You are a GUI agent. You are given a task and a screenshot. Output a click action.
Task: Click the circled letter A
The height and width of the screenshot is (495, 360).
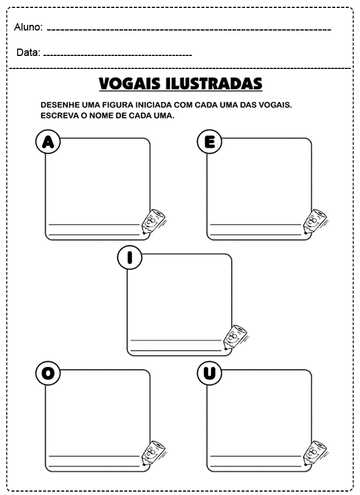click(48, 142)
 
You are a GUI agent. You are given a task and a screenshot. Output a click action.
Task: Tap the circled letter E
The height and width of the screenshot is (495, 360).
click(209, 142)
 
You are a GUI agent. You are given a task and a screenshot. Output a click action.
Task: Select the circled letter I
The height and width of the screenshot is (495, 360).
click(129, 258)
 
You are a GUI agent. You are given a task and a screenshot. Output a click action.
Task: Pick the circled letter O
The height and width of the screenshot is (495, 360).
click(48, 374)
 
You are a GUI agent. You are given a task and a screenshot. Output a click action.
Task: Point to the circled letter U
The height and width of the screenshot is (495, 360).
click(209, 374)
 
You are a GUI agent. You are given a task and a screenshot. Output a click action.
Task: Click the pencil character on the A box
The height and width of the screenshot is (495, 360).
click(153, 221)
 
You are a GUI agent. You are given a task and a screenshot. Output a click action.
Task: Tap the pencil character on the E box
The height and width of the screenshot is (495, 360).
click(315, 221)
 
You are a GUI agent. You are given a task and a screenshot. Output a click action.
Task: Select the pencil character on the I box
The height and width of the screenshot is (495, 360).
click(235, 337)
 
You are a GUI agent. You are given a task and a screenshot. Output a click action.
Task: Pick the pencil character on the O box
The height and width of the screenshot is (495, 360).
click(153, 453)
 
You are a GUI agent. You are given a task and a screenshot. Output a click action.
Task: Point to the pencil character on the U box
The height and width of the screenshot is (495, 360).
click(315, 453)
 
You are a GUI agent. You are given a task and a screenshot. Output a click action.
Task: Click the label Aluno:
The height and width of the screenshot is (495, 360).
click(28, 27)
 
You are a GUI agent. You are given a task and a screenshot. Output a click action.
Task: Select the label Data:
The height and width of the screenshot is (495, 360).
click(28, 53)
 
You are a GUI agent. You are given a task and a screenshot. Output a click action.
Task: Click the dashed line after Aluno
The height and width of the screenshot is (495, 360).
click(189, 30)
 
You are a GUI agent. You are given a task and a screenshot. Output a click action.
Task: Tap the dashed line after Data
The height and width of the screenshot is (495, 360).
click(118, 55)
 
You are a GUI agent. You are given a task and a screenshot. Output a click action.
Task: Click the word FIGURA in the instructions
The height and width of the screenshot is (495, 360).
click(118, 105)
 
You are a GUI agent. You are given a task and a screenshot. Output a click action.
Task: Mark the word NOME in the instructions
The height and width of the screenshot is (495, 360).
click(101, 115)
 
